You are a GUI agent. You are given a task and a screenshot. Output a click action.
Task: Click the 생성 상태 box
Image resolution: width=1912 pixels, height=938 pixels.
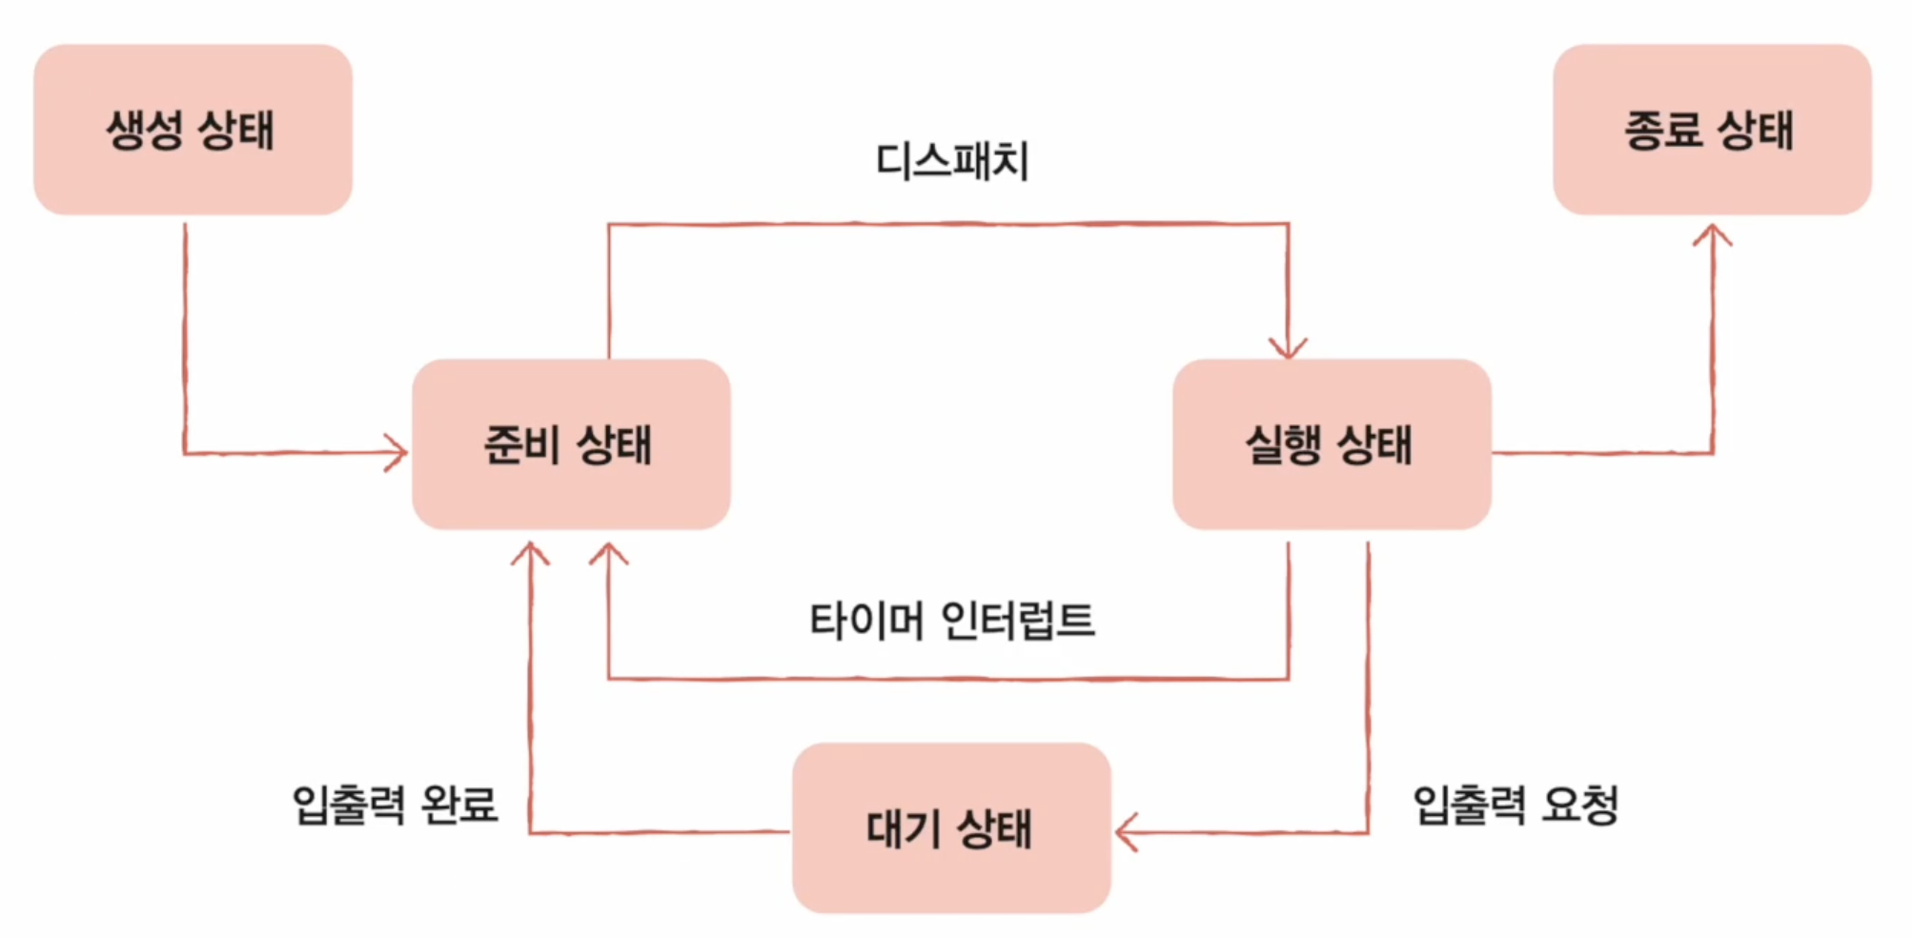click(x=193, y=130)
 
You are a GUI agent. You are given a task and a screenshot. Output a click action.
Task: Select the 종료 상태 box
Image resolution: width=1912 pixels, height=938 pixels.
click(x=1712, y=130)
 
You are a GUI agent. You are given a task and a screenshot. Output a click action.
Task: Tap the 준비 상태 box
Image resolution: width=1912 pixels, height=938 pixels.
click(x=571, y=444)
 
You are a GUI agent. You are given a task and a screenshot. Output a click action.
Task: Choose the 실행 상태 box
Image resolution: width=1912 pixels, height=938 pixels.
click(x=1332, y=444)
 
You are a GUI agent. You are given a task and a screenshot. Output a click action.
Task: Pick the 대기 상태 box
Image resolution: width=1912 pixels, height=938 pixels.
click(x=951, y=827)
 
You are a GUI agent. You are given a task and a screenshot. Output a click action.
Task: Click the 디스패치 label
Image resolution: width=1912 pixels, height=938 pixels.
click(x=952, y=161)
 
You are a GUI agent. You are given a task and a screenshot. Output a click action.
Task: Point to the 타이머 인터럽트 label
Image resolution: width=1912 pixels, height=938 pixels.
click(x=952, y=621)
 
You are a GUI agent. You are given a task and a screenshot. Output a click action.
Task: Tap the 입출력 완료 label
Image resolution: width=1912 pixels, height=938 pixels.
click(x=395, y=804)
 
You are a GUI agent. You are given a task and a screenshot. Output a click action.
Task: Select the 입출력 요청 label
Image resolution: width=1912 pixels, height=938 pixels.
click(x=1515, y=804)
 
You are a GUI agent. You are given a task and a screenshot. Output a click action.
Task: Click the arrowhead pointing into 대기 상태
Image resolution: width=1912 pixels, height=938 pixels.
click(x=1125, y=832)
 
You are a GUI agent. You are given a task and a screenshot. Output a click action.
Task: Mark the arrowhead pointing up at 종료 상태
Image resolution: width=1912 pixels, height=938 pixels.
click(x=1712, y=234)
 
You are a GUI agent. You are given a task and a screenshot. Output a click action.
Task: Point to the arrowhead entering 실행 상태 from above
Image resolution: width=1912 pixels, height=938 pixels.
click(x=1288, y=349)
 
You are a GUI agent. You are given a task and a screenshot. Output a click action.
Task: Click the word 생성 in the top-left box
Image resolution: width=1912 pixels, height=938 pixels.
click(x=144, y=130)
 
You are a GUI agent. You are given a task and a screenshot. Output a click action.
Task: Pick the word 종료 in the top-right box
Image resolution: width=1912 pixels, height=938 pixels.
click(x=1663, y=130)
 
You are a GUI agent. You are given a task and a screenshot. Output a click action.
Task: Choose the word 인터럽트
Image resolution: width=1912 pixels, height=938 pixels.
click(x=1018, y=621)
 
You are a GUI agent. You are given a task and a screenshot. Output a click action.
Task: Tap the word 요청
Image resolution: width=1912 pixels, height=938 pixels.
click(x=1580, y=804)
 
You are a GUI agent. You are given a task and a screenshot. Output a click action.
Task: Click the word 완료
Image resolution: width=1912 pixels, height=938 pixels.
click(x=459, y=804)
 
